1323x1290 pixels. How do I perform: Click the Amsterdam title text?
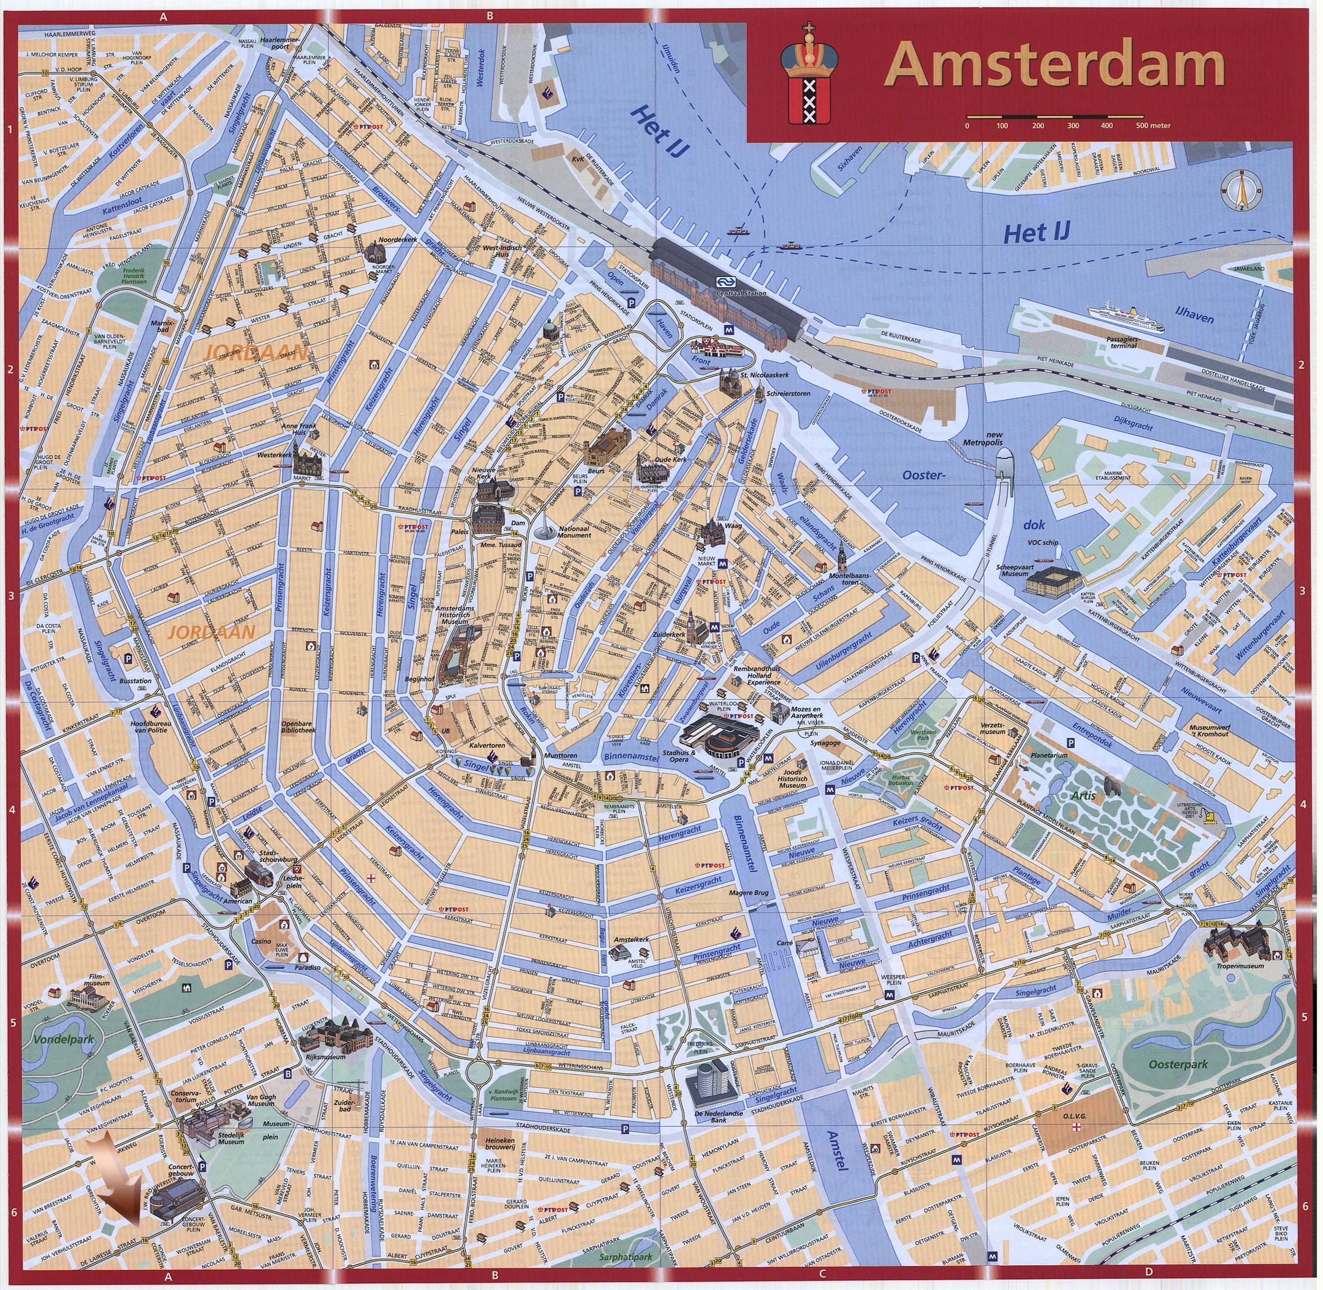pos(1055,66)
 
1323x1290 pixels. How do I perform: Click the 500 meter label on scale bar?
pos(1154,125)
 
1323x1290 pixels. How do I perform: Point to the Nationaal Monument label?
pos(575,532)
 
